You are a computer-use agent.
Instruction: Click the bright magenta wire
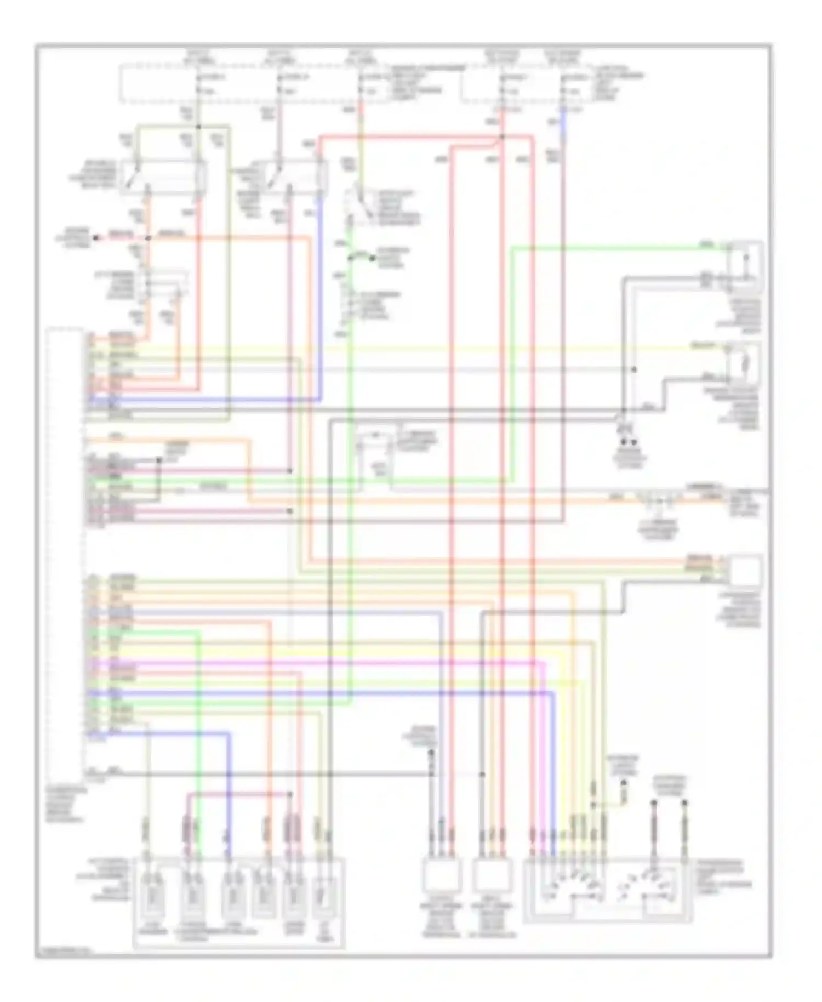329,664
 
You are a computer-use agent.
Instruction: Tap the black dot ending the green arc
372,258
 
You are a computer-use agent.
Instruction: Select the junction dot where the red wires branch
501,137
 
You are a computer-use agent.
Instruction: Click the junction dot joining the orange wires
148,238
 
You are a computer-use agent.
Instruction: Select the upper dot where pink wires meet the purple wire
290,471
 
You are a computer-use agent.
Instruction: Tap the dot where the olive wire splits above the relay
198,127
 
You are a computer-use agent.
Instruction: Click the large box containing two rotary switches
608,891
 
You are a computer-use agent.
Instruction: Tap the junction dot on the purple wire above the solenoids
290,793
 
